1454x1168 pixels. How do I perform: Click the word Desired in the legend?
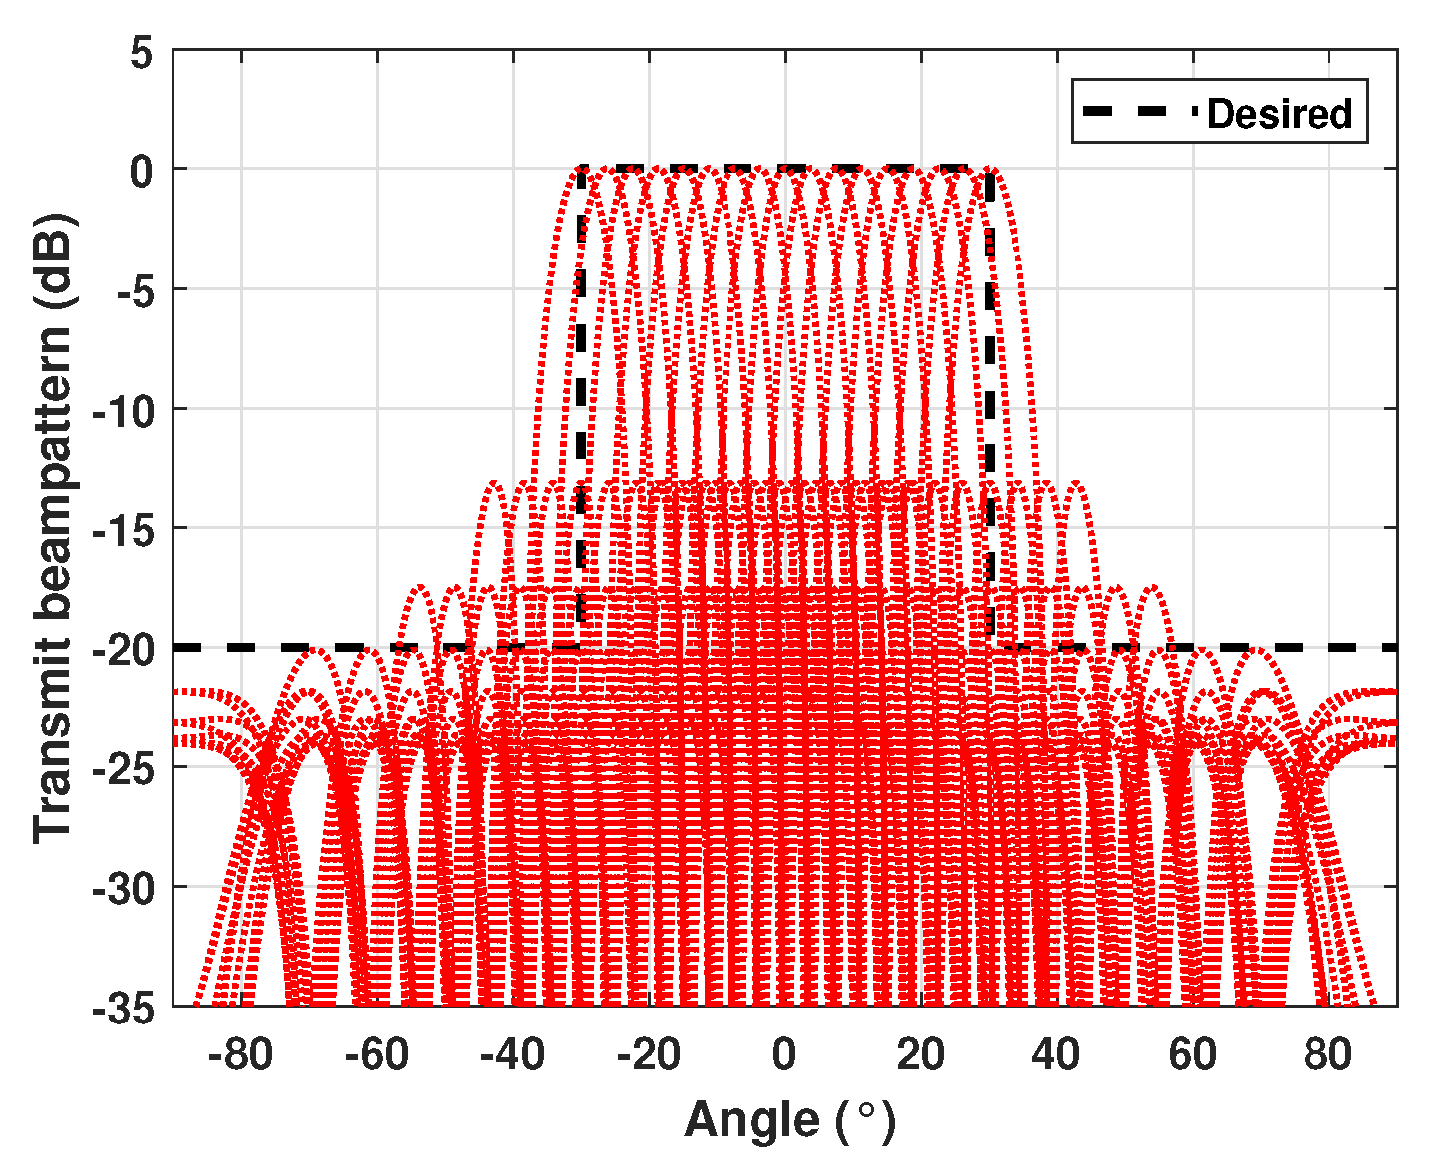[1279, 113]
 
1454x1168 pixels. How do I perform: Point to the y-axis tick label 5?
[142, 53]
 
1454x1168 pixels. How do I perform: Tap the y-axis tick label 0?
[142, 172]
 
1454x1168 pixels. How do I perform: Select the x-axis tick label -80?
[240, 1054]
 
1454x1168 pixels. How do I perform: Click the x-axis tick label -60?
[376, 1054]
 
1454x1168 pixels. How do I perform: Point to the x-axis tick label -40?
[512, 1054]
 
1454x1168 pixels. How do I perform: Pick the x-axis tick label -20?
[648, 1054]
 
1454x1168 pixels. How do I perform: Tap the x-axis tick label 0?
[784, 1054]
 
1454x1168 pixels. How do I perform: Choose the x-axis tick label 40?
[1056, 1054]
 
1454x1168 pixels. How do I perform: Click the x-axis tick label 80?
[1328, 1054]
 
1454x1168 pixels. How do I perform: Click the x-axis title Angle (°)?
[789, 1120]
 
